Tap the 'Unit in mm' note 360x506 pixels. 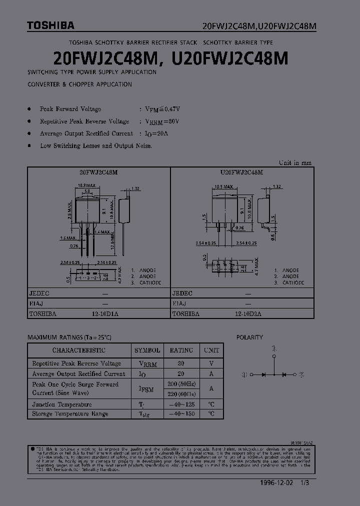coord(295,162)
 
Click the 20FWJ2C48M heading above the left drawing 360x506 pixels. coord(98,171)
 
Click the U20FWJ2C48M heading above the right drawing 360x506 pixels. coord(241,171)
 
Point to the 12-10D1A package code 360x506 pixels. coord(105,313)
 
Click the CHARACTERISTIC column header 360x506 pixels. coord(79,350)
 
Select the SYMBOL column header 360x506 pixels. coord(147,350)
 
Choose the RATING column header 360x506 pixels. coord(181,350)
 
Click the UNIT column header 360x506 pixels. coord(211,350)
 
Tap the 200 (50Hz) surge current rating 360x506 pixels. coord(181,384)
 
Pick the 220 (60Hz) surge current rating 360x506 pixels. coord(181,393)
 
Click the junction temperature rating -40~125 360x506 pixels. coord(181,404)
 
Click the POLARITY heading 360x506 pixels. coord(249,337)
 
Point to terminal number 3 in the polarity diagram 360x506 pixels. coord(274,347)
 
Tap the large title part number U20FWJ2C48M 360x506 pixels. coord(230,59)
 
